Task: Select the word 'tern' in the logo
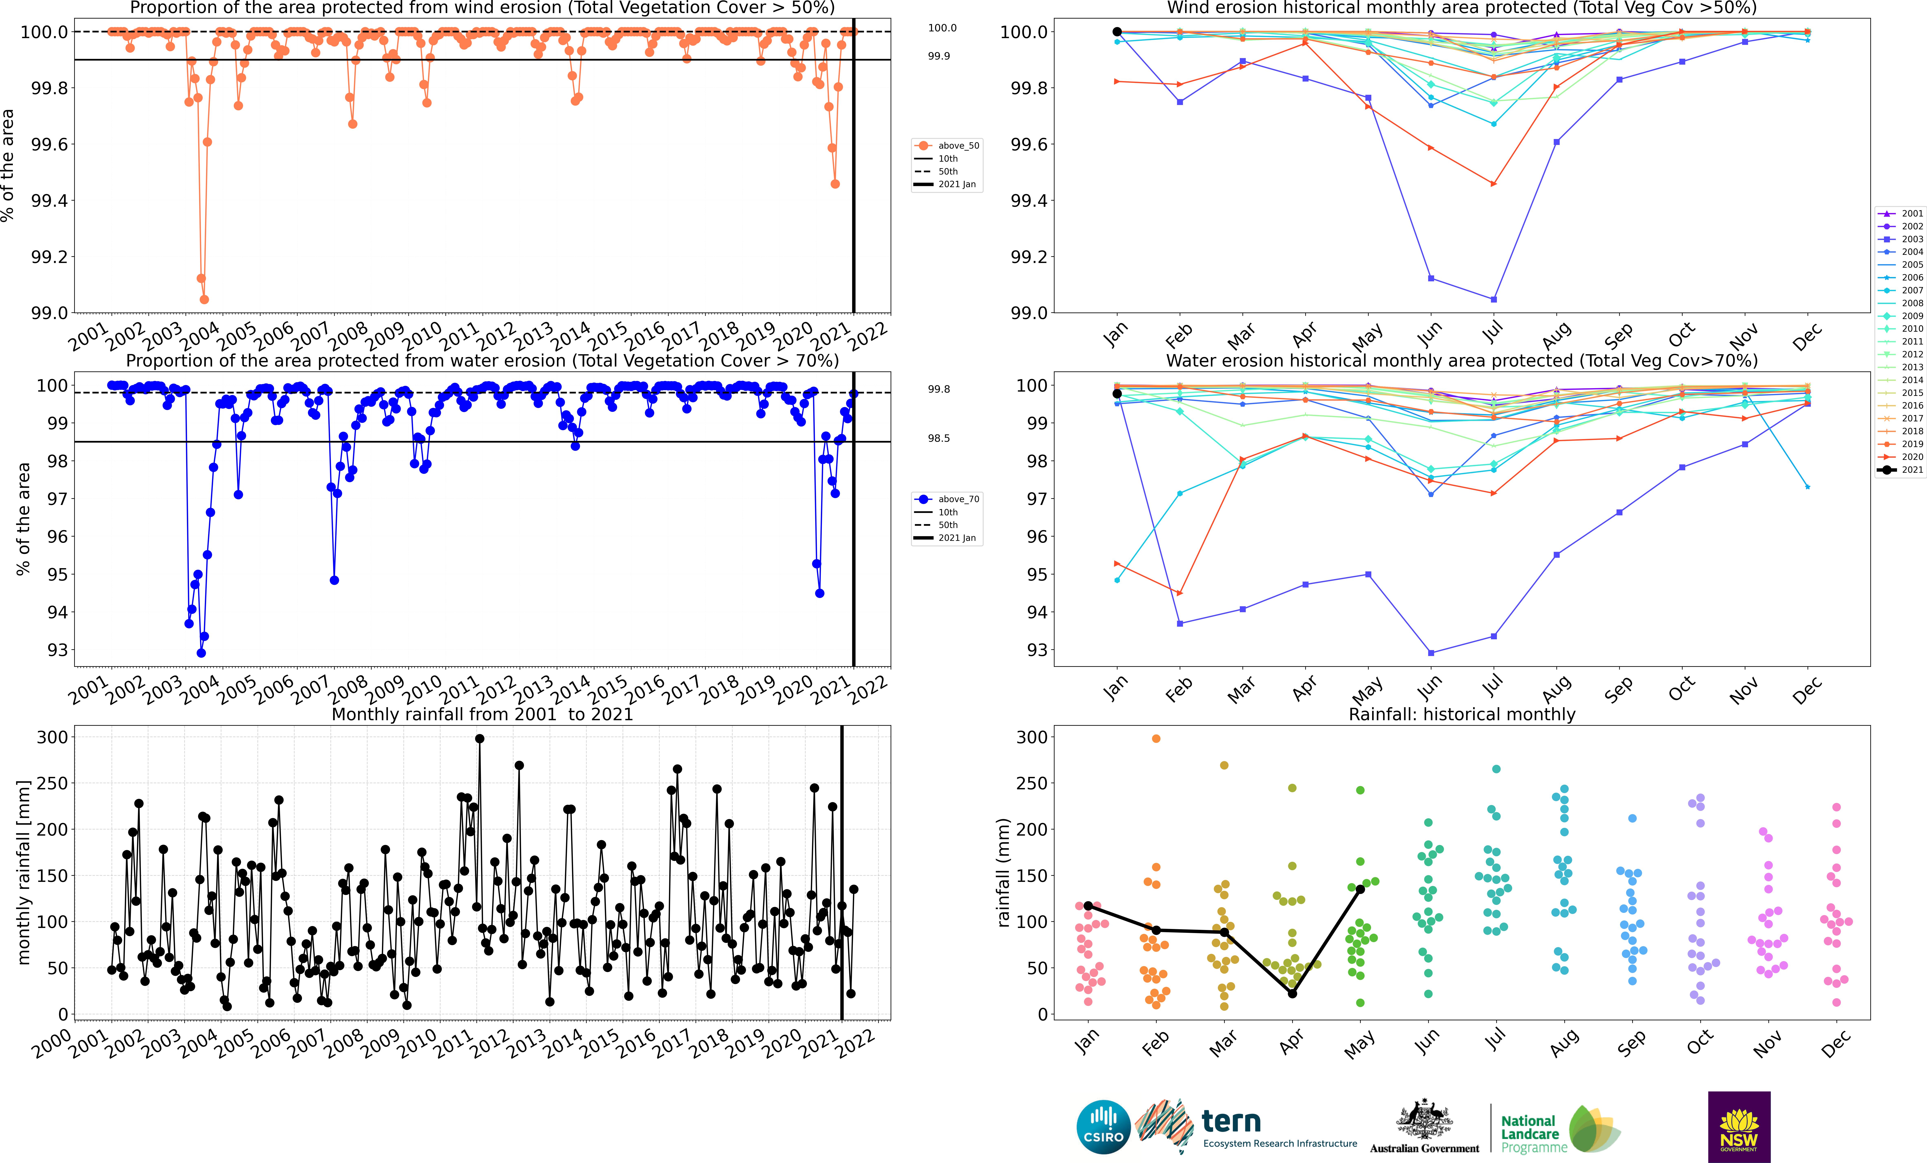(1231, 1122)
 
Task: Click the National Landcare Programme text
(1533, 1134)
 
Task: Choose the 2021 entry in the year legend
(1911, 470)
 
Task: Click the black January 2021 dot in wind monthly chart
(1117, 32)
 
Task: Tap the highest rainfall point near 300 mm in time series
(479, 738)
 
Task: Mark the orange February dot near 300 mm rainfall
(1156, 738)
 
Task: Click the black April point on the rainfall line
(1292, 993)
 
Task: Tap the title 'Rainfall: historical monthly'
(1462, 714)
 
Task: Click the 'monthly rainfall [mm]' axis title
(23, 872)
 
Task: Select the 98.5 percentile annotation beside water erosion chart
(939, 438)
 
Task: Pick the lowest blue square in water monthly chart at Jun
(1431, 652)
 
